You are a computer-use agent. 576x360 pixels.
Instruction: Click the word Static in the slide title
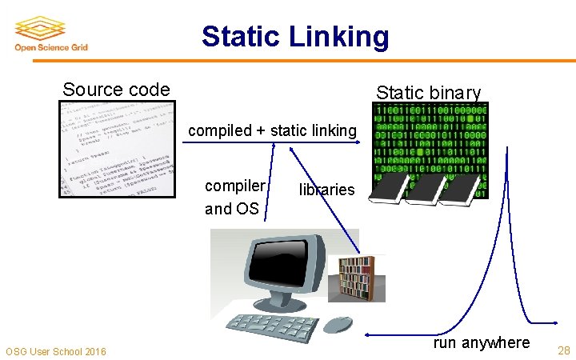(242, 37)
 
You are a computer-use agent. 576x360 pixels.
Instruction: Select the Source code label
(116, 89)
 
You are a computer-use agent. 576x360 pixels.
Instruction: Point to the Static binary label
(429, 93)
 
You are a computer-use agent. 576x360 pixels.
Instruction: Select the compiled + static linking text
(272, 130)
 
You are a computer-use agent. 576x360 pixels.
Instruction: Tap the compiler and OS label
(233, 197)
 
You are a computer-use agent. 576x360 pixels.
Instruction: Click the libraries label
(326, 190)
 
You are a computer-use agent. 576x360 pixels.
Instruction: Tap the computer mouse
(338, 324)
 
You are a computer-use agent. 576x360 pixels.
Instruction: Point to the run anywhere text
(481, 342)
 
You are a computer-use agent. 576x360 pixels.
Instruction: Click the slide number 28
(564, 350)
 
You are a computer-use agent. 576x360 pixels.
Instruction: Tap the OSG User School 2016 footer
(55, 351)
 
